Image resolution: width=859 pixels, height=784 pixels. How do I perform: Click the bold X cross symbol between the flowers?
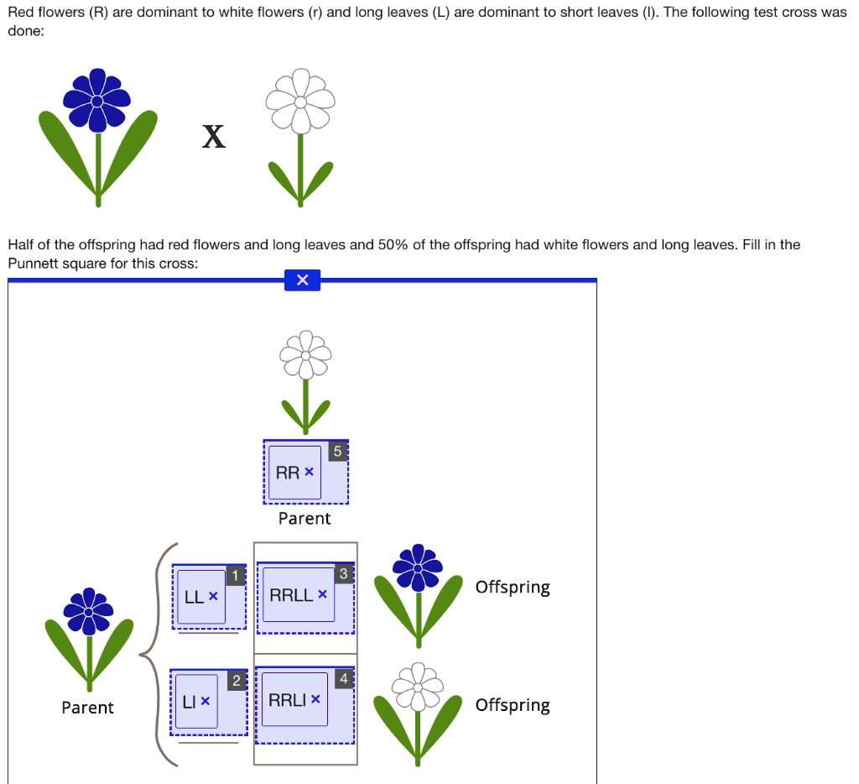(x=214, y=136)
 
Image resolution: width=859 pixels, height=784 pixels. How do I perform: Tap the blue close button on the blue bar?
(x=302, y=280)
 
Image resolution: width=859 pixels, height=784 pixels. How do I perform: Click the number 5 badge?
(x=337, y=452)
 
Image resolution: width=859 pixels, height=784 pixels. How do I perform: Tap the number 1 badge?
(x=236, y=576)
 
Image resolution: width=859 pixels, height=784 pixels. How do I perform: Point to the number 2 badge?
(x=236, y=681)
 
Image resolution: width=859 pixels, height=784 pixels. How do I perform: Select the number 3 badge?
(x=344, y=574)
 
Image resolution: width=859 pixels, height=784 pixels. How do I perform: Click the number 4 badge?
(x=342, y=679)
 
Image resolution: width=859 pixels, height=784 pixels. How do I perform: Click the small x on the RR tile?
(x=310, y=473)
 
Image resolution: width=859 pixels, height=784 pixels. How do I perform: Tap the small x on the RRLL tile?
(x=323, y=595)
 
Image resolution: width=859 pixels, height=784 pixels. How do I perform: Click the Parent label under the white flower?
(x=305, y=519)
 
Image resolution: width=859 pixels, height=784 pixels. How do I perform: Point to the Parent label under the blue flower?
(x=87, y=708)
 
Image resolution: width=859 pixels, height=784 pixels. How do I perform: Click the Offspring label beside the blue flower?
(x=513, y=587)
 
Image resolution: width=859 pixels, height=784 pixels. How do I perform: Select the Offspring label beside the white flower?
(x=513, y=705)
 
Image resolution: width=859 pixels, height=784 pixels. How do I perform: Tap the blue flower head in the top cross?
(x=97, y=101)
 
